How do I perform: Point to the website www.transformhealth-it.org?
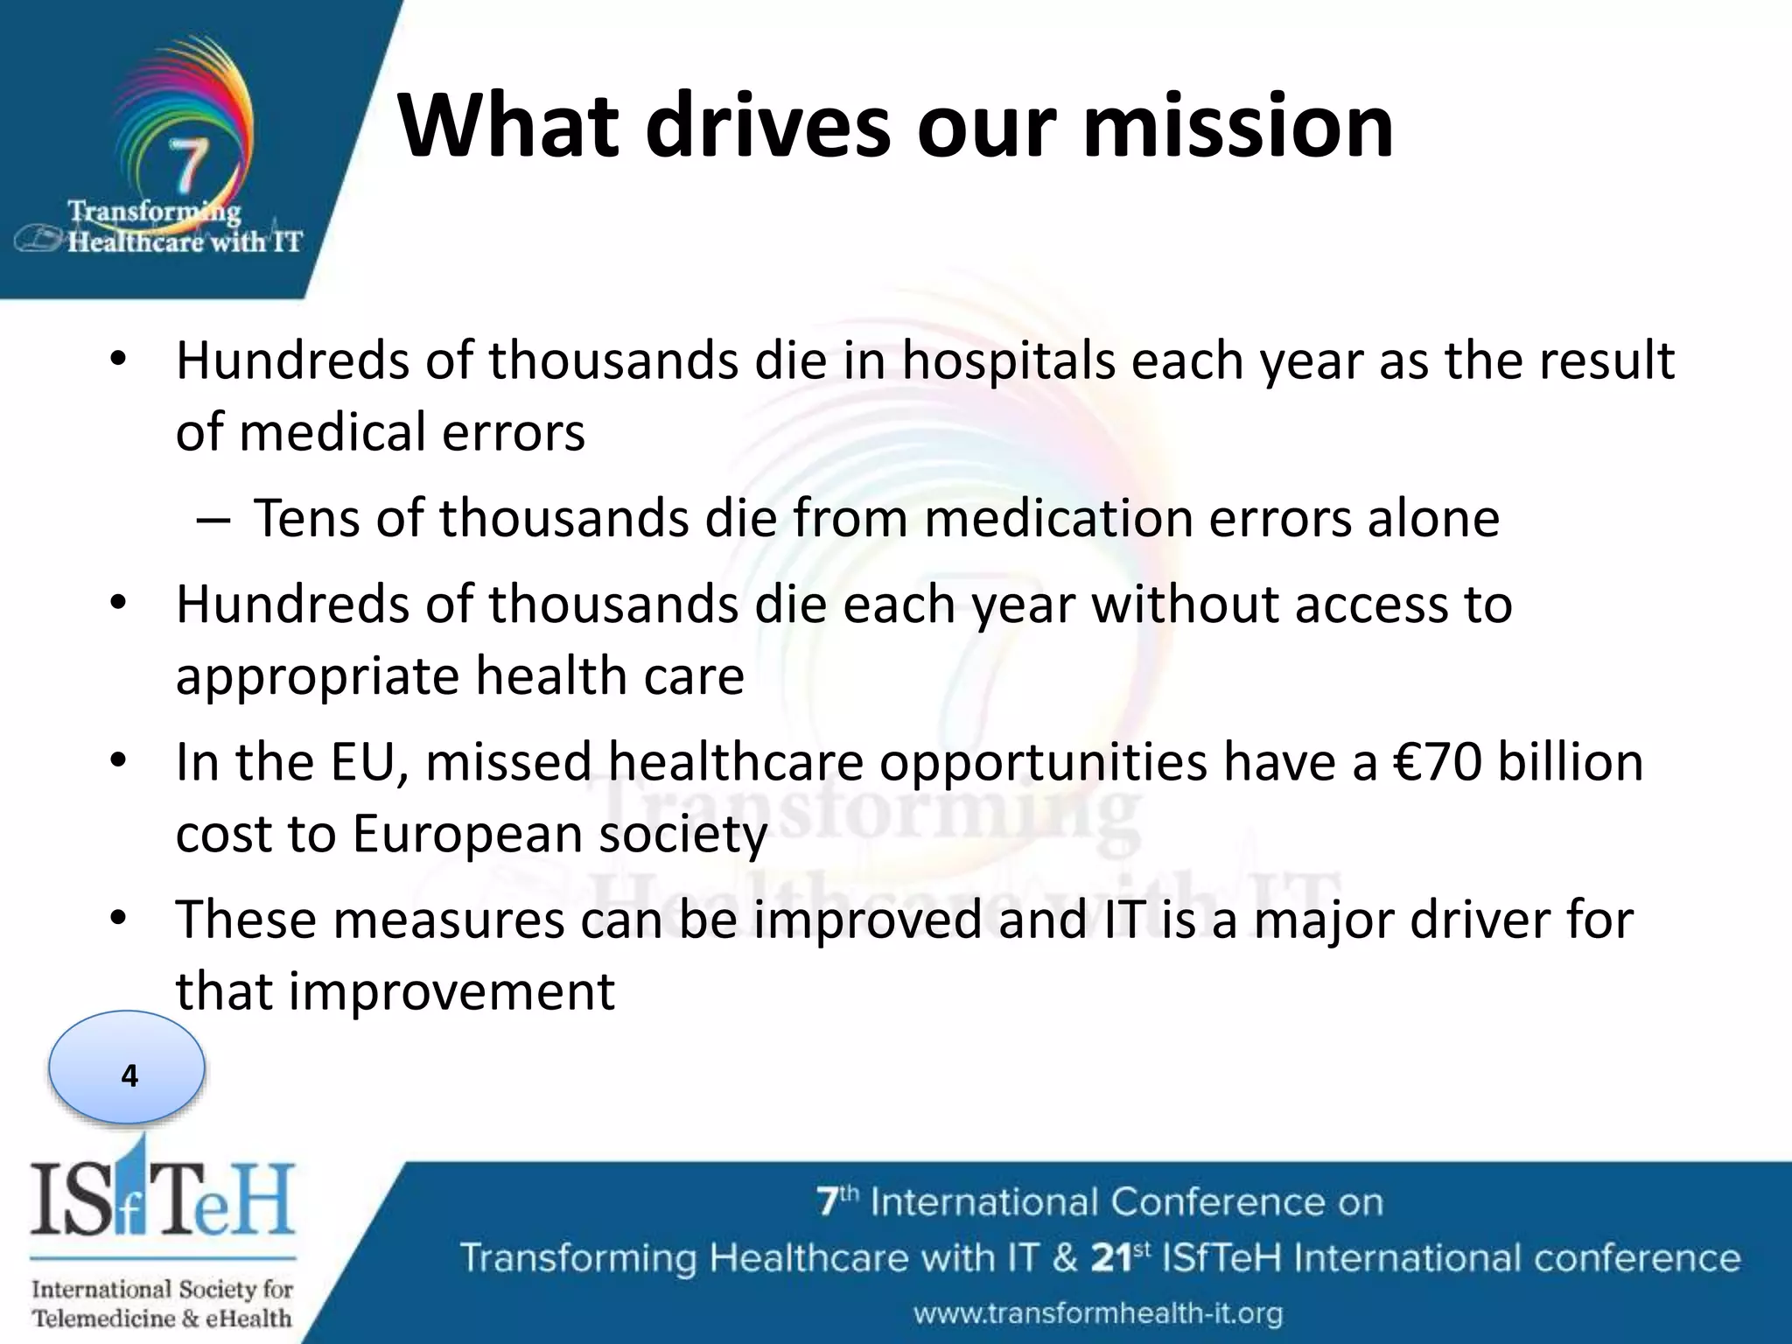pos(1098,1313)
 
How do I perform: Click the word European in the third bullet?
pos(467,833)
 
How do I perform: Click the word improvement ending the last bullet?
pos(451,991)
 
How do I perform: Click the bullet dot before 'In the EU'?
pos(119,761)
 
